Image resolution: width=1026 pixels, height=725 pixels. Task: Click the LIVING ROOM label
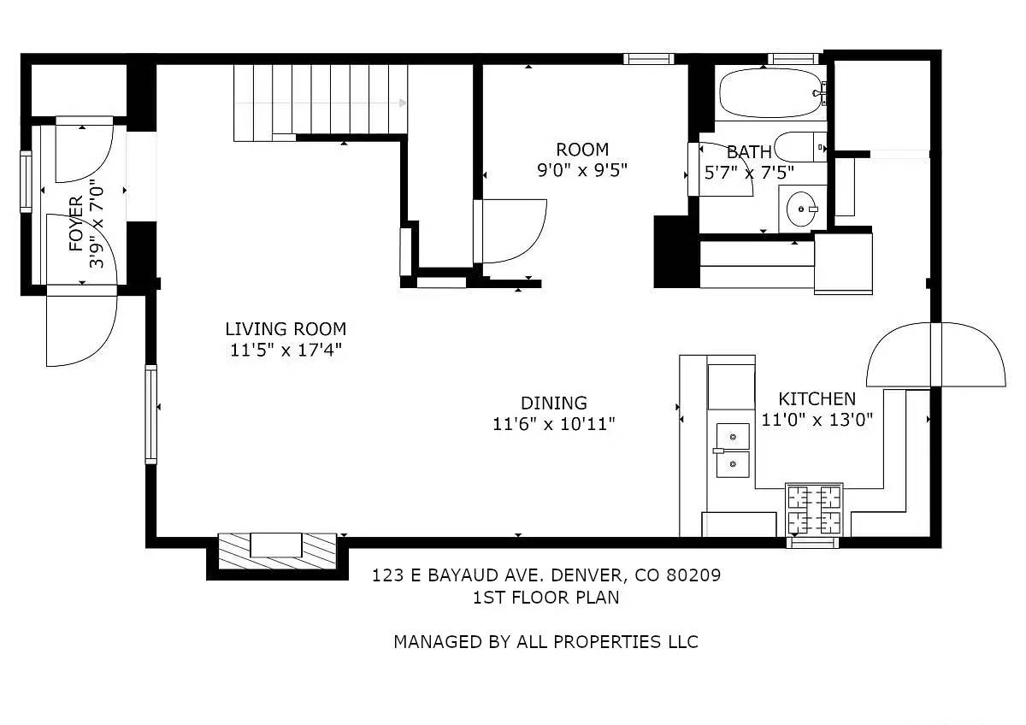(x=286, y=328)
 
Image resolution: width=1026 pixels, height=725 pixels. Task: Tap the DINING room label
(x=554, y=403)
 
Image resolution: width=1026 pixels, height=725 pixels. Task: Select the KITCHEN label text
(x=817, y=398)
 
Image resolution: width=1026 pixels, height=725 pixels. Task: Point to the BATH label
(x=749, y=152)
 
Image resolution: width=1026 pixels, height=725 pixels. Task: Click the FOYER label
(x=77, y=224)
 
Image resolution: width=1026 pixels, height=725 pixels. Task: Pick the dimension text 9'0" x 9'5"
(x=582, y=170)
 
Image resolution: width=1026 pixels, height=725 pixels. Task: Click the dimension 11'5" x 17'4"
(x=286, y=349)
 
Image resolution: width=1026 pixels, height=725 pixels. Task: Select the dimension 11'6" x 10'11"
(x=554, y=423)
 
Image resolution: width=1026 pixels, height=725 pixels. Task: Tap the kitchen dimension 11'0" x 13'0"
(x=817, y=419)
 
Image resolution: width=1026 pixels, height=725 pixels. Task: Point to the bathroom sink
(x=802, y=208)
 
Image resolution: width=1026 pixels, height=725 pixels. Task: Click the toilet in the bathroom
(x=800, y=146)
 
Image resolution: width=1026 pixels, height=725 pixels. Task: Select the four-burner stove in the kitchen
(x=814, y=510)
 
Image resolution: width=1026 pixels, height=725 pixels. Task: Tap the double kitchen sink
(x=733, y=450)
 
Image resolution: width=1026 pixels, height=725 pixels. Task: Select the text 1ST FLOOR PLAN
(x=545, y=598)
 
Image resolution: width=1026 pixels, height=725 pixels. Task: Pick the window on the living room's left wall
(x=151, y=414)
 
